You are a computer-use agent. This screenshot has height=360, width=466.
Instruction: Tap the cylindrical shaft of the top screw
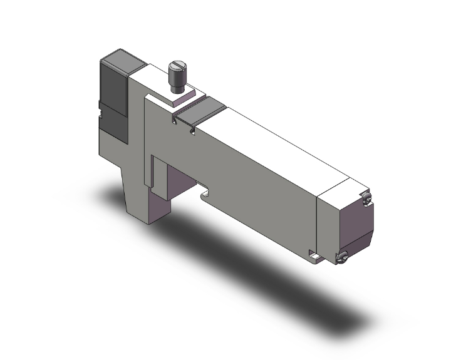[x=177, y=80]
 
